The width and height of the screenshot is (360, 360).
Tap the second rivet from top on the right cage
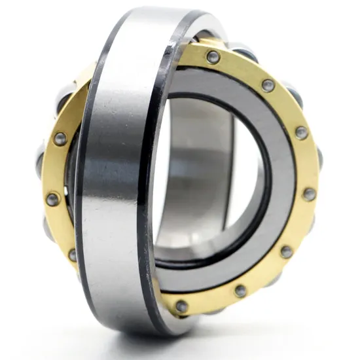[x=268, y=85]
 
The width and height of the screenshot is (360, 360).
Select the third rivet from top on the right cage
[x=301, y=132]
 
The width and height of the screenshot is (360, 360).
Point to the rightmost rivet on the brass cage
[x=309, y=194]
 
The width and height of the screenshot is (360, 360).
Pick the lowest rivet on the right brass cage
[x=181, y=305]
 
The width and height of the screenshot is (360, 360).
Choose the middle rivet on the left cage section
[x=52, y=199]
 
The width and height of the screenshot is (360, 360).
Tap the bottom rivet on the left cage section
[x=72, y=254]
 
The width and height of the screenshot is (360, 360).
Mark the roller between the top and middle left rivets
[x=41, y=164]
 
